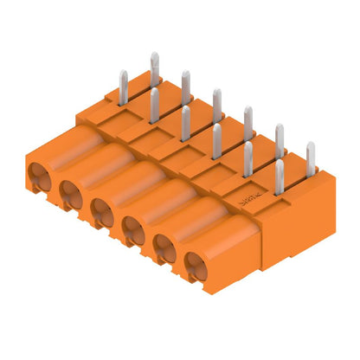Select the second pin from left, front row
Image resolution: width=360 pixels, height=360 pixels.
coord(154,106)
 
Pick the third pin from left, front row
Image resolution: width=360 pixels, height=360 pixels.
coord(185,123)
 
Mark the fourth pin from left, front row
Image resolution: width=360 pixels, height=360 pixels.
coord(216,141)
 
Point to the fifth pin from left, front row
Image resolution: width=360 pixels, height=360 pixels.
coord(247,159)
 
